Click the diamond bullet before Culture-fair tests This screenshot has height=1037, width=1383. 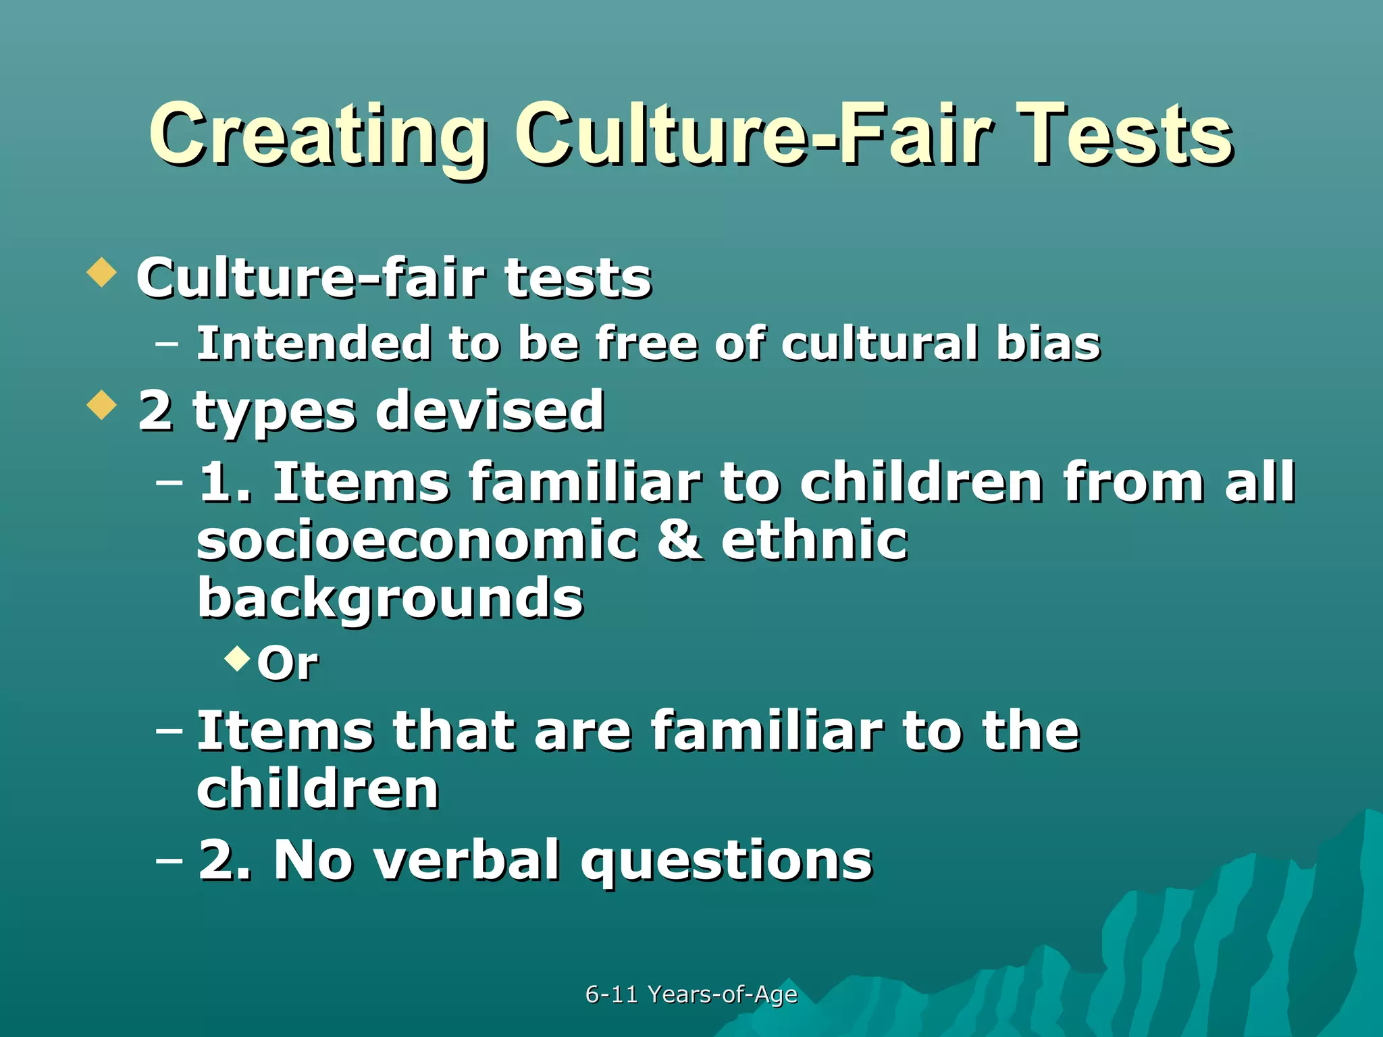tap(102, 271)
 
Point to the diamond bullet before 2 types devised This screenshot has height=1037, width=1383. tap(102, 404)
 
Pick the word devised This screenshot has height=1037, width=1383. tap(490, 410)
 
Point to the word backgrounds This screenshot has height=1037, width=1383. tap(390, 599)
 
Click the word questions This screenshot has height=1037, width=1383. tap(727, 861)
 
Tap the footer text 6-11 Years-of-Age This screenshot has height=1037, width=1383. tap(691, 994)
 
